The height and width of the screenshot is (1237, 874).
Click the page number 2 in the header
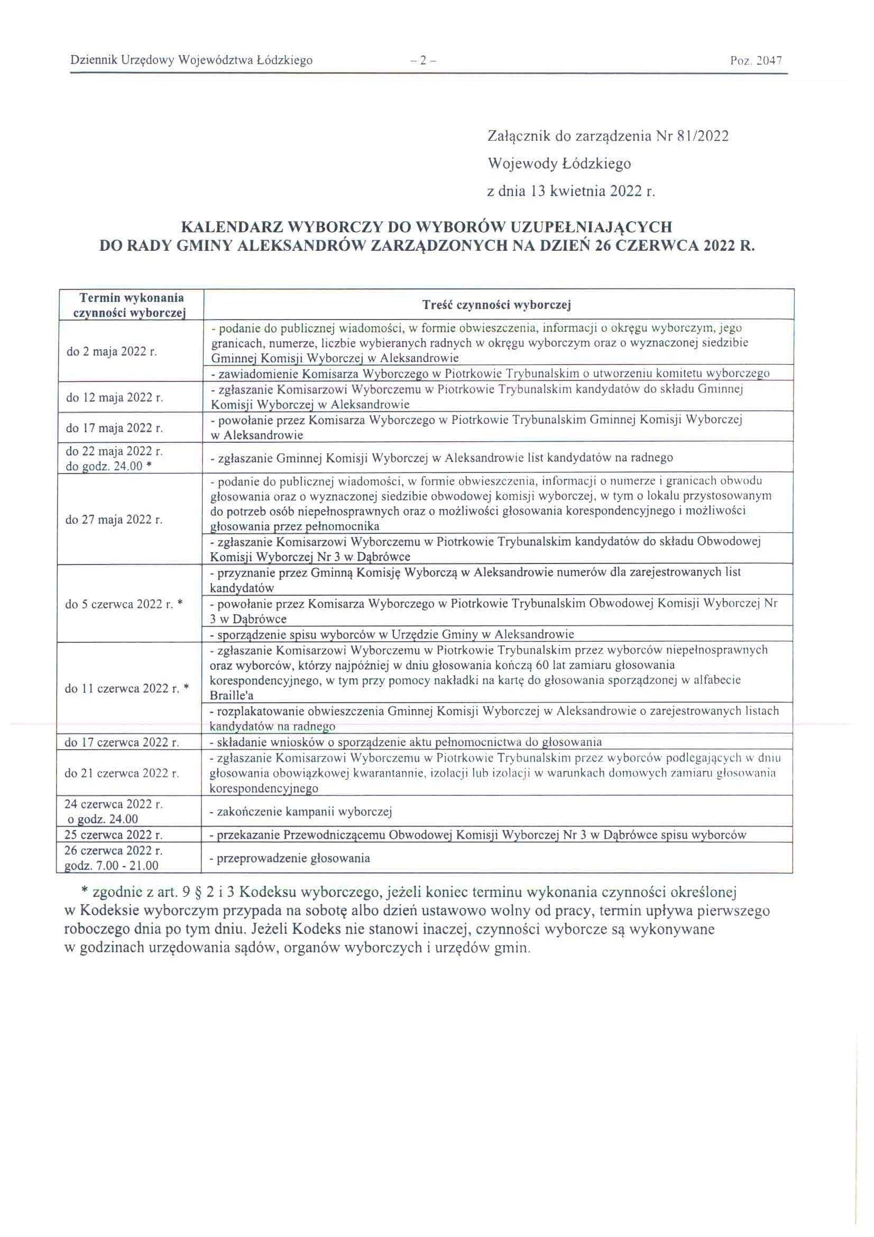coord(423,61)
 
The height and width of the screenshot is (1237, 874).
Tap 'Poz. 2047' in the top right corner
coord(756,61)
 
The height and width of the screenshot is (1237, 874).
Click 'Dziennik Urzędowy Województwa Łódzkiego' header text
coord(191,60)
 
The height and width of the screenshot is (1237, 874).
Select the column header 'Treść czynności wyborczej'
coord(497,305)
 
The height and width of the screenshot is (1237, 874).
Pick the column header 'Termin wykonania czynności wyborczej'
coord(132,305)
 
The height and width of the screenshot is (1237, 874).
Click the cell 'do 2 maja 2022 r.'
coord(112,352)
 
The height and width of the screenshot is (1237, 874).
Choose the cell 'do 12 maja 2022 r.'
coord(114,398)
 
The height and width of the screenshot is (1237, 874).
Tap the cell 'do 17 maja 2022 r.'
coord(114,429)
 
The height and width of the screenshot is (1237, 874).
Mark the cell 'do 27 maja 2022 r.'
coord(114,520)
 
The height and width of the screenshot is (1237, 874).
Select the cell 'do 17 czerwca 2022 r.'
coord(122,742)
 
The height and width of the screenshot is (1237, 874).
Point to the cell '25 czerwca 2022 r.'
coord(114,835)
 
